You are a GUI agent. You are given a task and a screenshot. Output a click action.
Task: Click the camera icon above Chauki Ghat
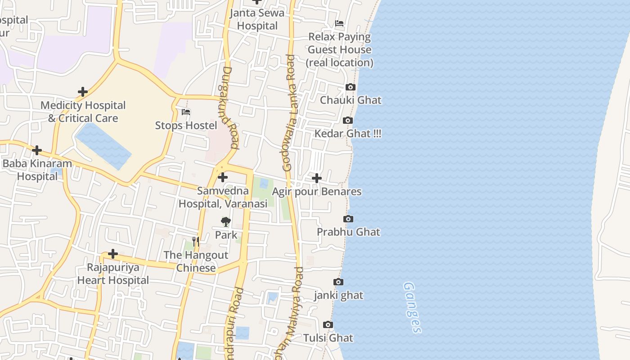point(350,87)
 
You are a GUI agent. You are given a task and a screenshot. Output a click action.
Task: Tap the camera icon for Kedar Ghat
point(347,120)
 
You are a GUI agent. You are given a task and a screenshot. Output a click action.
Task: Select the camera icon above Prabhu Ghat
point(348,219)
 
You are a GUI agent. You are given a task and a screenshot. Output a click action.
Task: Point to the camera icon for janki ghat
point(338,282)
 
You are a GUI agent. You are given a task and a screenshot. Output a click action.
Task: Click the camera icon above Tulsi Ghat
point(328,324)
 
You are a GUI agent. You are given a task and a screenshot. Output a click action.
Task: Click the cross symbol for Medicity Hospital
point(82,92)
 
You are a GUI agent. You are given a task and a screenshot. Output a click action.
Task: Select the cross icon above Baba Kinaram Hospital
point(37,150)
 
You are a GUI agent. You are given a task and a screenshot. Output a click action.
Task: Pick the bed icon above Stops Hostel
point(186,112)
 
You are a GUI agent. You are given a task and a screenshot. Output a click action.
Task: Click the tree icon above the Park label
point(225,221)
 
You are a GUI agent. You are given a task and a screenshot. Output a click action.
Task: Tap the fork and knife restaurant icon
point(195,242)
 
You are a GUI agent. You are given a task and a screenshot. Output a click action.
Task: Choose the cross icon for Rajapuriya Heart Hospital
point(112,254)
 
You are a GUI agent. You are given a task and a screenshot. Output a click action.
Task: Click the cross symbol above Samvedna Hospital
point(222,177)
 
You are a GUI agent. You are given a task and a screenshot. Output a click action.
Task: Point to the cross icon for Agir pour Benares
point(317,178)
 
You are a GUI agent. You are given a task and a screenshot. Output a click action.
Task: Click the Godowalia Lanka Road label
point(289,112)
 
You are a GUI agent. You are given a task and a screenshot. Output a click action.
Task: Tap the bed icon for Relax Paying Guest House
point(339,23)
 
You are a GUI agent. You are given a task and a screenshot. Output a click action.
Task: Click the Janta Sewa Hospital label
point(257,19)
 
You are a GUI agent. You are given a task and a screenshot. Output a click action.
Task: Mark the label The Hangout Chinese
point(196,261)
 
